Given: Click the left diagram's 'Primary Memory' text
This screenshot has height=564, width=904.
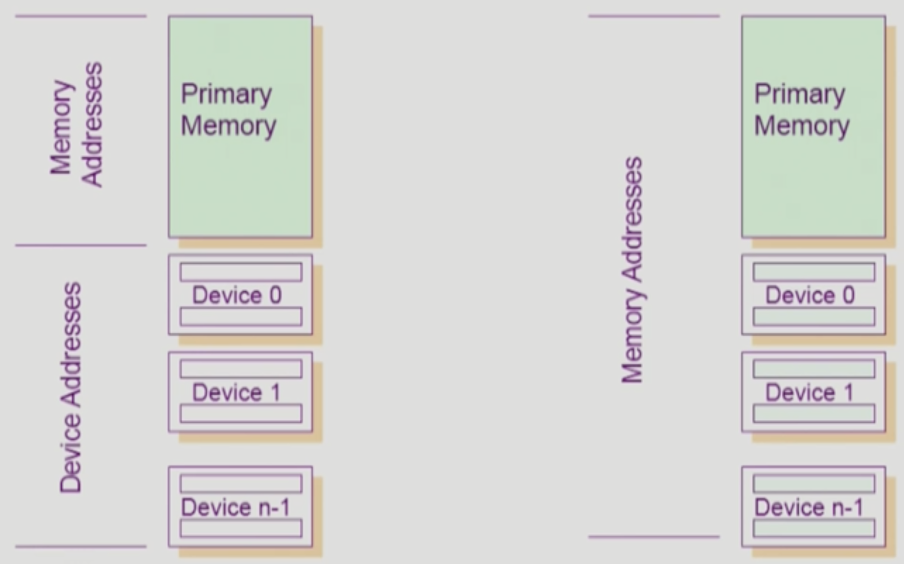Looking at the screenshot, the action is pyautogui.click(x=228, y=110).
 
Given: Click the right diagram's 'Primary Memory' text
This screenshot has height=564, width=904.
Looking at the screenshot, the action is pyautogui.click(x=802, y=110).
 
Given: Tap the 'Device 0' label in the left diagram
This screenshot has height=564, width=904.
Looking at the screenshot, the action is pyautogui.click(x=237, y=295).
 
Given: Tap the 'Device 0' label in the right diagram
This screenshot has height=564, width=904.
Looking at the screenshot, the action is pyautogui.click(x=810, y=295).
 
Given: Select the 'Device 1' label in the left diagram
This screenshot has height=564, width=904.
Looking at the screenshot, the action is pyautogui.click(x=236, y=393).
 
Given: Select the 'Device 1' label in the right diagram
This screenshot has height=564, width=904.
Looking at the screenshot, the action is pyautogui.click(x=809, y=393).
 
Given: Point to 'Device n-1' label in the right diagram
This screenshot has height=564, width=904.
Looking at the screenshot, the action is pyautogui.click(x=809, y=507).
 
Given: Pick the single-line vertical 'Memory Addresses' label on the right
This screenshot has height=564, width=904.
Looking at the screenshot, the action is pyautogui.click(x=633, y=270).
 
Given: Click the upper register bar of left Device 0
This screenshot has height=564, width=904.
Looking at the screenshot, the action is pyautogui.click(x=241, y=272).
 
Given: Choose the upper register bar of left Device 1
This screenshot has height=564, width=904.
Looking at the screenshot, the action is pyautogui.click(x=241, y=369).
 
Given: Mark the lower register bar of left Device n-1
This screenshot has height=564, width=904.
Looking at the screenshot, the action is pyautogui.click(x=241, y=528).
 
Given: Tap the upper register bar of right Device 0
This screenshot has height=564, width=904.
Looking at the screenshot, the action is pyautogui.click(x=814, y=272).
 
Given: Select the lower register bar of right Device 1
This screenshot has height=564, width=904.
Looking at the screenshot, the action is pyautogui.click(x=814, y=413).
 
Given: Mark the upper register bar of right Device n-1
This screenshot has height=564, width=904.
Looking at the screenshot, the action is pyautogui.click(x=814, y=483).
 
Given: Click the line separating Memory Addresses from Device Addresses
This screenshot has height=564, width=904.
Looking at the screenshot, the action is pyautogui.click(x=81, y=245).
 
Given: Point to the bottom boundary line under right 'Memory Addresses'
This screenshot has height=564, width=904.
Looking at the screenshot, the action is pyautogui.click(x=654, y=537).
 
